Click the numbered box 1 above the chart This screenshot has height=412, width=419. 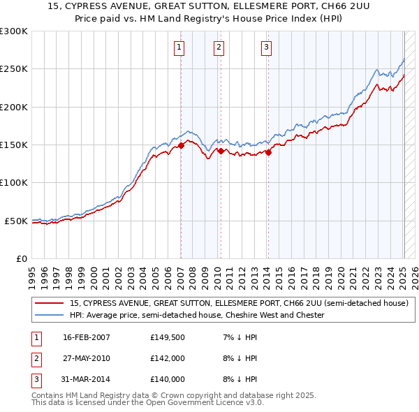pos(180,47)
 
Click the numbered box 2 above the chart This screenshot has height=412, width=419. pos(219,47)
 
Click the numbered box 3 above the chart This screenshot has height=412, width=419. pos(267,47)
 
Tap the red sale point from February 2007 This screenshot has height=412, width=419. pos(181,145)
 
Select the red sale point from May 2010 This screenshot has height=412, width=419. pos(221,151)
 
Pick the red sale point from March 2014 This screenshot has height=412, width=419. pos(268,152)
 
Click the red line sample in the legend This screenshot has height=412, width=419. pos(49,304)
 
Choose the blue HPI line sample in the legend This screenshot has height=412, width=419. pos(49,316)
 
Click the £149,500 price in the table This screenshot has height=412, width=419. pos(167,337)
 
